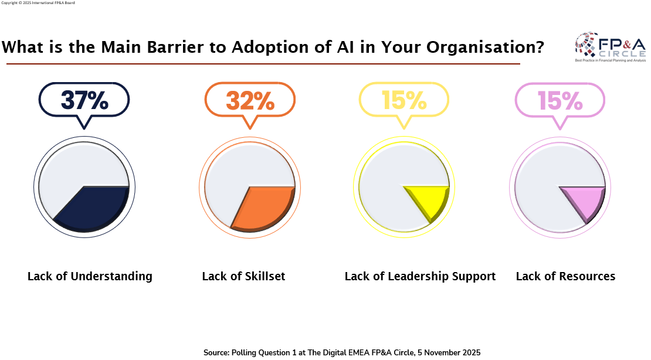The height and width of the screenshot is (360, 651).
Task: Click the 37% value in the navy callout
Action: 84,100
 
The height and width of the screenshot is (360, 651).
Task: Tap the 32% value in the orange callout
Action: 250,100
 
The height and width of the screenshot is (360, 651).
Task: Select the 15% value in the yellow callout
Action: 404,100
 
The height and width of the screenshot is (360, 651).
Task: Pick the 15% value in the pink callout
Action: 560,100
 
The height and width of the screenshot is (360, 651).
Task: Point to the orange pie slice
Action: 262,206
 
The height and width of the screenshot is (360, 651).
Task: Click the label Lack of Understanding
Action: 90,276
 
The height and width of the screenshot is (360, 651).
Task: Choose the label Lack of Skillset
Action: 243,276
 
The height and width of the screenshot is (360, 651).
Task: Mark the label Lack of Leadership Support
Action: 420,276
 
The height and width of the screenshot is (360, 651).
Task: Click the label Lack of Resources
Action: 565,276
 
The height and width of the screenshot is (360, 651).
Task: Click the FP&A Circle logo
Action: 610,47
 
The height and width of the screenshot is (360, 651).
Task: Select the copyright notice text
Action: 38,3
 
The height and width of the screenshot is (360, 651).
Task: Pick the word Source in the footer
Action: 216,352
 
